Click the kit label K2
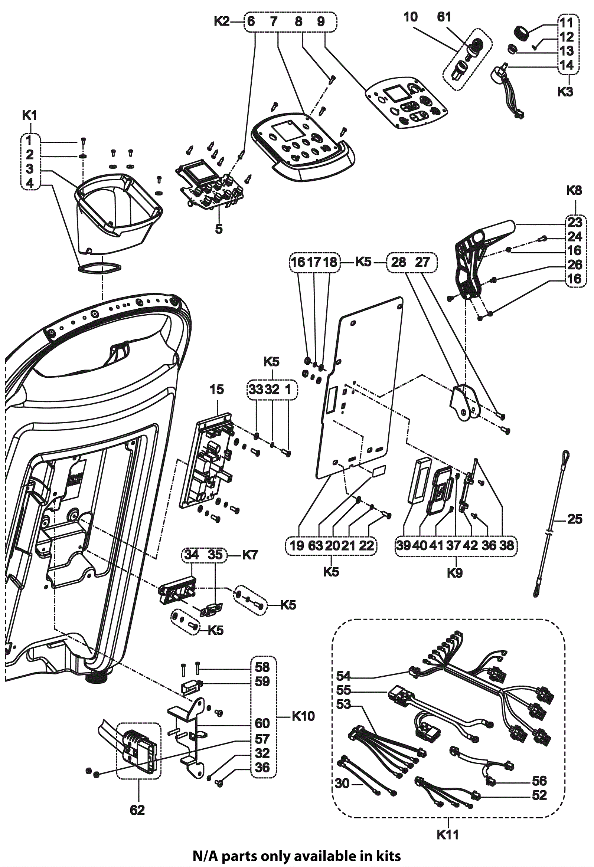[x=222, y=22]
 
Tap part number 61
[x=444, y=17]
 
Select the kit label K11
[x=448, y=834]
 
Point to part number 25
[x=575, y=519]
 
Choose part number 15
[x=216, y=390]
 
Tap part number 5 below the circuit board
[x=219, y=229]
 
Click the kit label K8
[x=574, y=191]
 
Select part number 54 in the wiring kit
[x=343, y=676]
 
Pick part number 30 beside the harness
[x=342, y=783]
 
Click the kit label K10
[x=303, y=716]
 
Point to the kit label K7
[x=250, y=555]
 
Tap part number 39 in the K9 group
[x=404, y=545]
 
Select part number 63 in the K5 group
[x=316, y=546]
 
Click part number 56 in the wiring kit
[x=539, y=781]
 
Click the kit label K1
[x=29, y=116]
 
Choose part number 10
[x=411, y=17]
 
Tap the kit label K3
[x=565, y=92]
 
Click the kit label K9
[x=455, y=573]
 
